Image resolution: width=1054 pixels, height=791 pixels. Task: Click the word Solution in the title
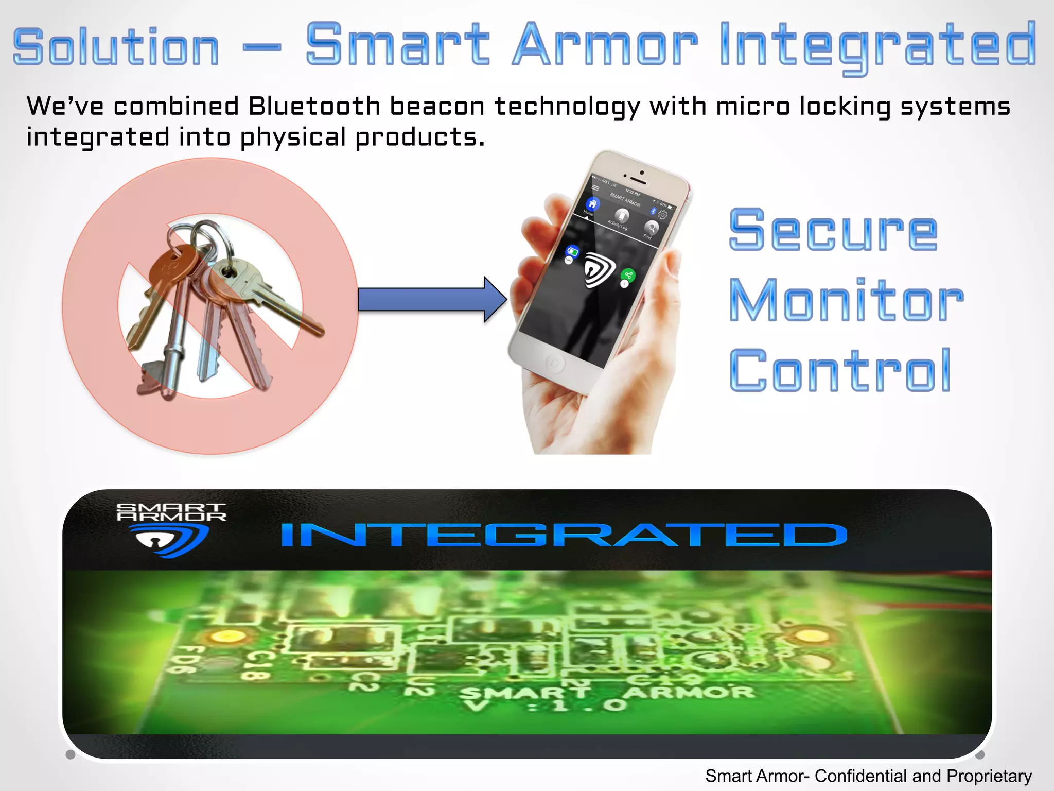(116, 47)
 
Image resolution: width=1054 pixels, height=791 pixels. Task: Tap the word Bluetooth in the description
(314, 107)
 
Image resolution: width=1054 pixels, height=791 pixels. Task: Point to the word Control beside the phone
(839, 370)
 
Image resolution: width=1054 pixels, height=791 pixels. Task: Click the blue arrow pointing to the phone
(431, 299)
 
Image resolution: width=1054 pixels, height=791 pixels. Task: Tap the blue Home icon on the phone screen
(593, 203)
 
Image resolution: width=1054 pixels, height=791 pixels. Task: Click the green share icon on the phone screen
(628, 275)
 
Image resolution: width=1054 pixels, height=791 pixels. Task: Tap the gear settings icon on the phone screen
(662, 215)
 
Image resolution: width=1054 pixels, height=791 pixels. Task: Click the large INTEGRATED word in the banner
(564, 535)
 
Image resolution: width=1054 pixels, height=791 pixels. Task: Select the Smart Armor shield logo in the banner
(171, 540)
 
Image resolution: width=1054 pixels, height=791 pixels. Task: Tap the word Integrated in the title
(877, 46)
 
